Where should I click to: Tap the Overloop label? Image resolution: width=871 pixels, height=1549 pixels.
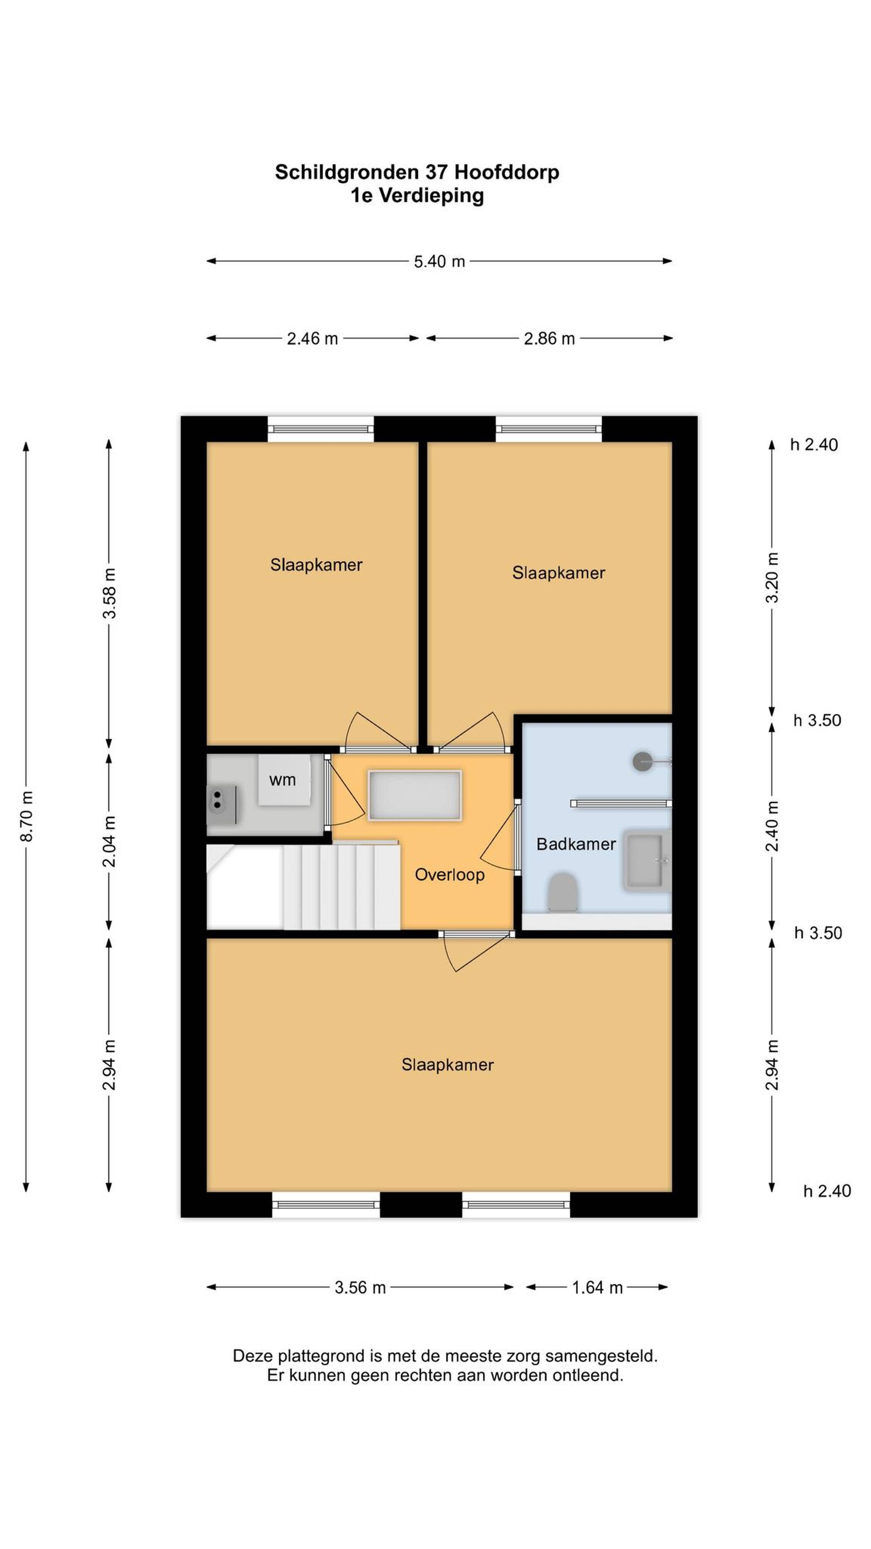450,875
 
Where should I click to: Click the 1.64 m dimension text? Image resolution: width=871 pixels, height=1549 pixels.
597,1287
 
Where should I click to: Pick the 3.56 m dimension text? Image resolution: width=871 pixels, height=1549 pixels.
360,1287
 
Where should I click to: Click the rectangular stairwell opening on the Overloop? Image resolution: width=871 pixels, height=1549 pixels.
415,795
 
